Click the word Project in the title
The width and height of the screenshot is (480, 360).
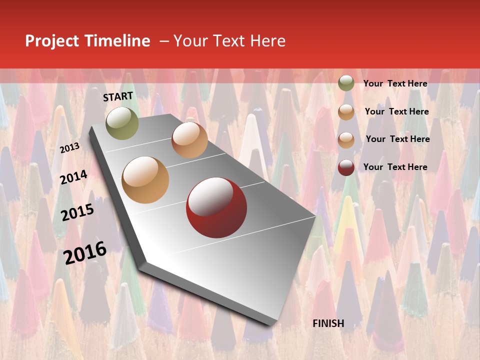(52, 41)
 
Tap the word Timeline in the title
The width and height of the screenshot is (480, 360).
(117, 41)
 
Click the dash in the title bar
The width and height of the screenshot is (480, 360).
(164, 41)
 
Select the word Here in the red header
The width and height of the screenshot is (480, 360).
(268, 41)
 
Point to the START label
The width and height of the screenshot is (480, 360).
(118, 96)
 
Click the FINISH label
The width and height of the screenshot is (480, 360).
(328, 323)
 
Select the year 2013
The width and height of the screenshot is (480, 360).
(69, 147)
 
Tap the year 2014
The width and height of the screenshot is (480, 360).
(73, 177)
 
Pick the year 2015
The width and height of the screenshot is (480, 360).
(77, 212)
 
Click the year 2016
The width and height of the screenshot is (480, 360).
(85, 252)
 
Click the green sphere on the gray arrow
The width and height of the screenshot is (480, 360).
(122, 123)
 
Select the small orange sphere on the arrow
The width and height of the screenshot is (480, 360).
(189, 140)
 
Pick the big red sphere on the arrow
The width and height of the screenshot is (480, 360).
(216, 207)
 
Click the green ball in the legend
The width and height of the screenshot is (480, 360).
(346, 83)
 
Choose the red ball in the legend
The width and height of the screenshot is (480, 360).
(346, 167)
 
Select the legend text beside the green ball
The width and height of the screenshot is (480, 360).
(395, 84)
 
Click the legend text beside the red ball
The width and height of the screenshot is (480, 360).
(395, 167)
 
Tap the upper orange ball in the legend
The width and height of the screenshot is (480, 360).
(346, 112)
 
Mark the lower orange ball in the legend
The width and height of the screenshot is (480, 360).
(346, 140)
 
